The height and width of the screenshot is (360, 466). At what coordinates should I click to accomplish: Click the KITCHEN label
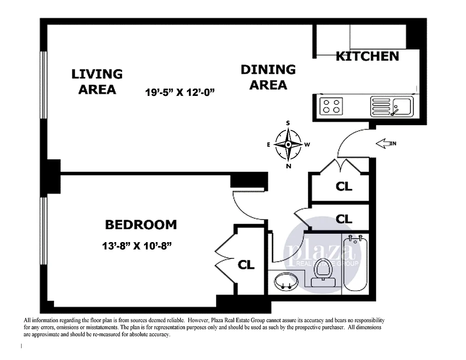pos(367,56)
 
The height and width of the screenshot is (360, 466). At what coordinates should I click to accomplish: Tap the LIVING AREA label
pos(97,81)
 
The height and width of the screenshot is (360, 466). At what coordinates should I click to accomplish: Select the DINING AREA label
pos(268,77)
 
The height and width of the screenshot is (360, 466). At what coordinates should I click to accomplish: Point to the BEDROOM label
pos(140,224)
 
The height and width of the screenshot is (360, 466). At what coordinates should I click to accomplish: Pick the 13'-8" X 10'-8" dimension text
pos(138,246)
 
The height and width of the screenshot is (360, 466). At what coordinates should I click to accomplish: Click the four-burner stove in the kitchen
pos(331,106)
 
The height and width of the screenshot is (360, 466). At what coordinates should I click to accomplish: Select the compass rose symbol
pos(288,144)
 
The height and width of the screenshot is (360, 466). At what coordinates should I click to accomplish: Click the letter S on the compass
pos(288,123)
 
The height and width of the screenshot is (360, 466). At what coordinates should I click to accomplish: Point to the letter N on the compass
pos(288,166)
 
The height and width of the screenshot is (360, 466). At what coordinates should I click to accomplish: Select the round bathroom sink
pos(285,282)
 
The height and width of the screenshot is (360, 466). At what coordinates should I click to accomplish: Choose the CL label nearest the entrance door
pos(344,186)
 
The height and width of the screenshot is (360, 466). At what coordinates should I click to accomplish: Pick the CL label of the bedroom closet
pos(246,265)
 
